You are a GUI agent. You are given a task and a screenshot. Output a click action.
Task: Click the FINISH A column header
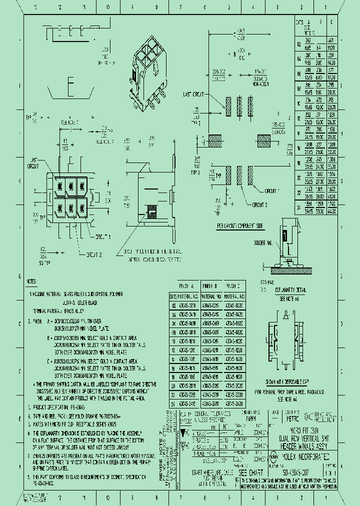click(185, 286)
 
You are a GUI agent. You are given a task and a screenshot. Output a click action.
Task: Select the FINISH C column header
click(233, 286)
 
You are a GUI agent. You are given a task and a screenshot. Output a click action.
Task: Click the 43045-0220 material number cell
click(233, 304)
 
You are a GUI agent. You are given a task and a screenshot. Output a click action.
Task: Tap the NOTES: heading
click(32, 281)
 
